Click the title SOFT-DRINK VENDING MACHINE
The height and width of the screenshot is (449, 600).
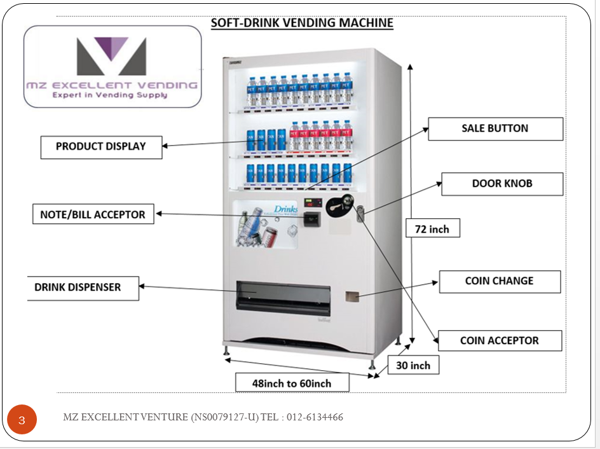tap(302, 24)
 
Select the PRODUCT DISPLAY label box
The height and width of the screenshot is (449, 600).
tap(101, 147)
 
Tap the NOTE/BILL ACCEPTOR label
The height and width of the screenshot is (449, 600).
tap(93, 215)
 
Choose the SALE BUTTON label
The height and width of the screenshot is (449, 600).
tap(495, 128)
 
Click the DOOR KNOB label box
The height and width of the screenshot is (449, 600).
tap(502, 184)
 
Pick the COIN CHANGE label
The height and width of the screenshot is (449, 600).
tap(500, 281)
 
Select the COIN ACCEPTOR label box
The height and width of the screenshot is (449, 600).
tap(500, 341)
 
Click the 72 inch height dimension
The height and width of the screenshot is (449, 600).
tap(432, 229)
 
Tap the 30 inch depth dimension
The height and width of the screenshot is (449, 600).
tap(413, 365)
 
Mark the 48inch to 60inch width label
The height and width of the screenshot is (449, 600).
tap(292, 383)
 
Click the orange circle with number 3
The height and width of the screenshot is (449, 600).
tap(22, 420)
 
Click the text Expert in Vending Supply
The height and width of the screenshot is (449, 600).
tap(110, 95)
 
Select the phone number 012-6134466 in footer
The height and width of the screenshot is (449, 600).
tap(315, 418)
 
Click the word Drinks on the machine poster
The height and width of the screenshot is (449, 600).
tap(285, 209)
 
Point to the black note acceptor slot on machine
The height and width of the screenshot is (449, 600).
tap(311, 220)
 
